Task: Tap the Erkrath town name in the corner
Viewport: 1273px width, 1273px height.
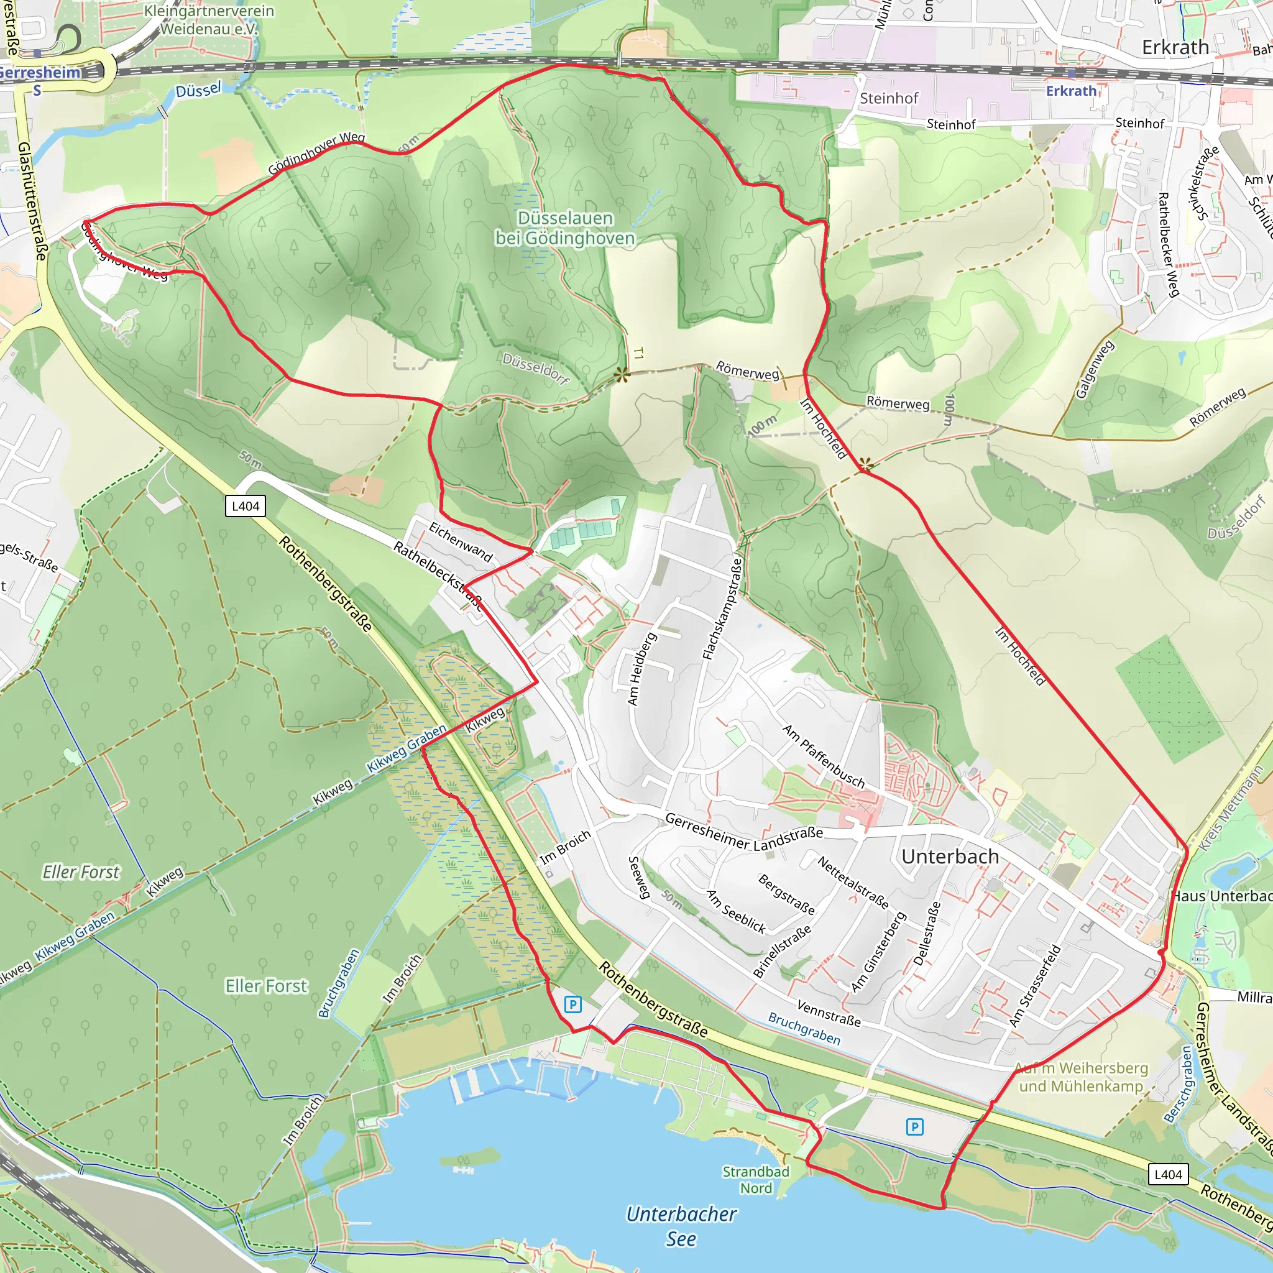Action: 1175,47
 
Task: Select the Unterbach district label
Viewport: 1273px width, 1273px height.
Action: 950,857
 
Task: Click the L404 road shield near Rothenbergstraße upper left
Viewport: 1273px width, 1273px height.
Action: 245,506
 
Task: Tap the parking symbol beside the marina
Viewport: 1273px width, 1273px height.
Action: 572,1004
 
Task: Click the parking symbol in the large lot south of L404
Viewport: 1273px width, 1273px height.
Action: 914,1127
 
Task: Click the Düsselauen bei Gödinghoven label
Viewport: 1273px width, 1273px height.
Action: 566,228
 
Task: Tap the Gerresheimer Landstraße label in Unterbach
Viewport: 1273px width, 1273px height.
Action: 744,832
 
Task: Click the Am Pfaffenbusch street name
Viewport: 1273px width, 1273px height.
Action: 823,756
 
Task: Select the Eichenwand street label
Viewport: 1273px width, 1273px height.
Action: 461,541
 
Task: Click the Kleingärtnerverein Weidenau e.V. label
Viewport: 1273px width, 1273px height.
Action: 208,20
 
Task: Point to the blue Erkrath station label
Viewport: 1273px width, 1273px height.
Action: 1071,91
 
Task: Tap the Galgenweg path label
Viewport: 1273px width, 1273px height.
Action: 1095,370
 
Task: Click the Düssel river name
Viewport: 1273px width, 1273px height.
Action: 198,90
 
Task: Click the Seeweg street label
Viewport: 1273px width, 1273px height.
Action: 639,878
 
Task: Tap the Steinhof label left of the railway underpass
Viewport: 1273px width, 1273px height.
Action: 888,98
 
